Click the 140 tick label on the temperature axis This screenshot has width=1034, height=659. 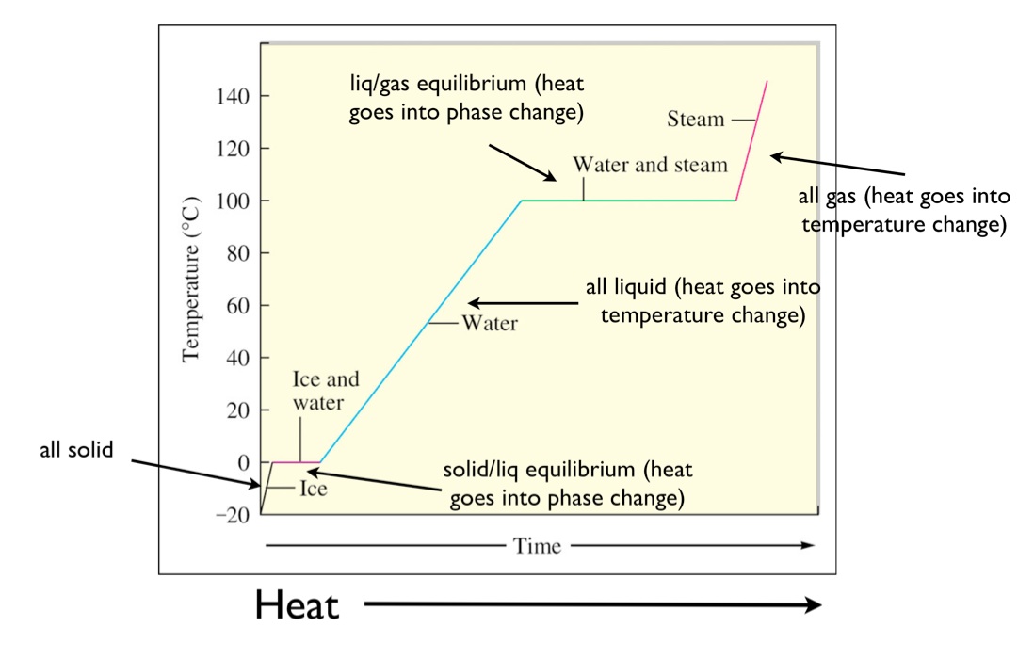229,96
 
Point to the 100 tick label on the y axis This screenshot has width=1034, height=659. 229,201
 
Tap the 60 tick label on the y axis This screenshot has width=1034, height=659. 234,306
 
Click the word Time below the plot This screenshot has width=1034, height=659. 538,546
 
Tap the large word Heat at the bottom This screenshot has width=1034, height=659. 296,605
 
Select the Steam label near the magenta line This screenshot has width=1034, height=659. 695,120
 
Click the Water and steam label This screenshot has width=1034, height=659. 650,166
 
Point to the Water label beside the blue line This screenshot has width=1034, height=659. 489,324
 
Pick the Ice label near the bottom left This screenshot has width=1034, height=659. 313,490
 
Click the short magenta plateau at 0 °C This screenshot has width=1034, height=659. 296,462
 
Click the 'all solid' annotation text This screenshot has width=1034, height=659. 75,450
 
